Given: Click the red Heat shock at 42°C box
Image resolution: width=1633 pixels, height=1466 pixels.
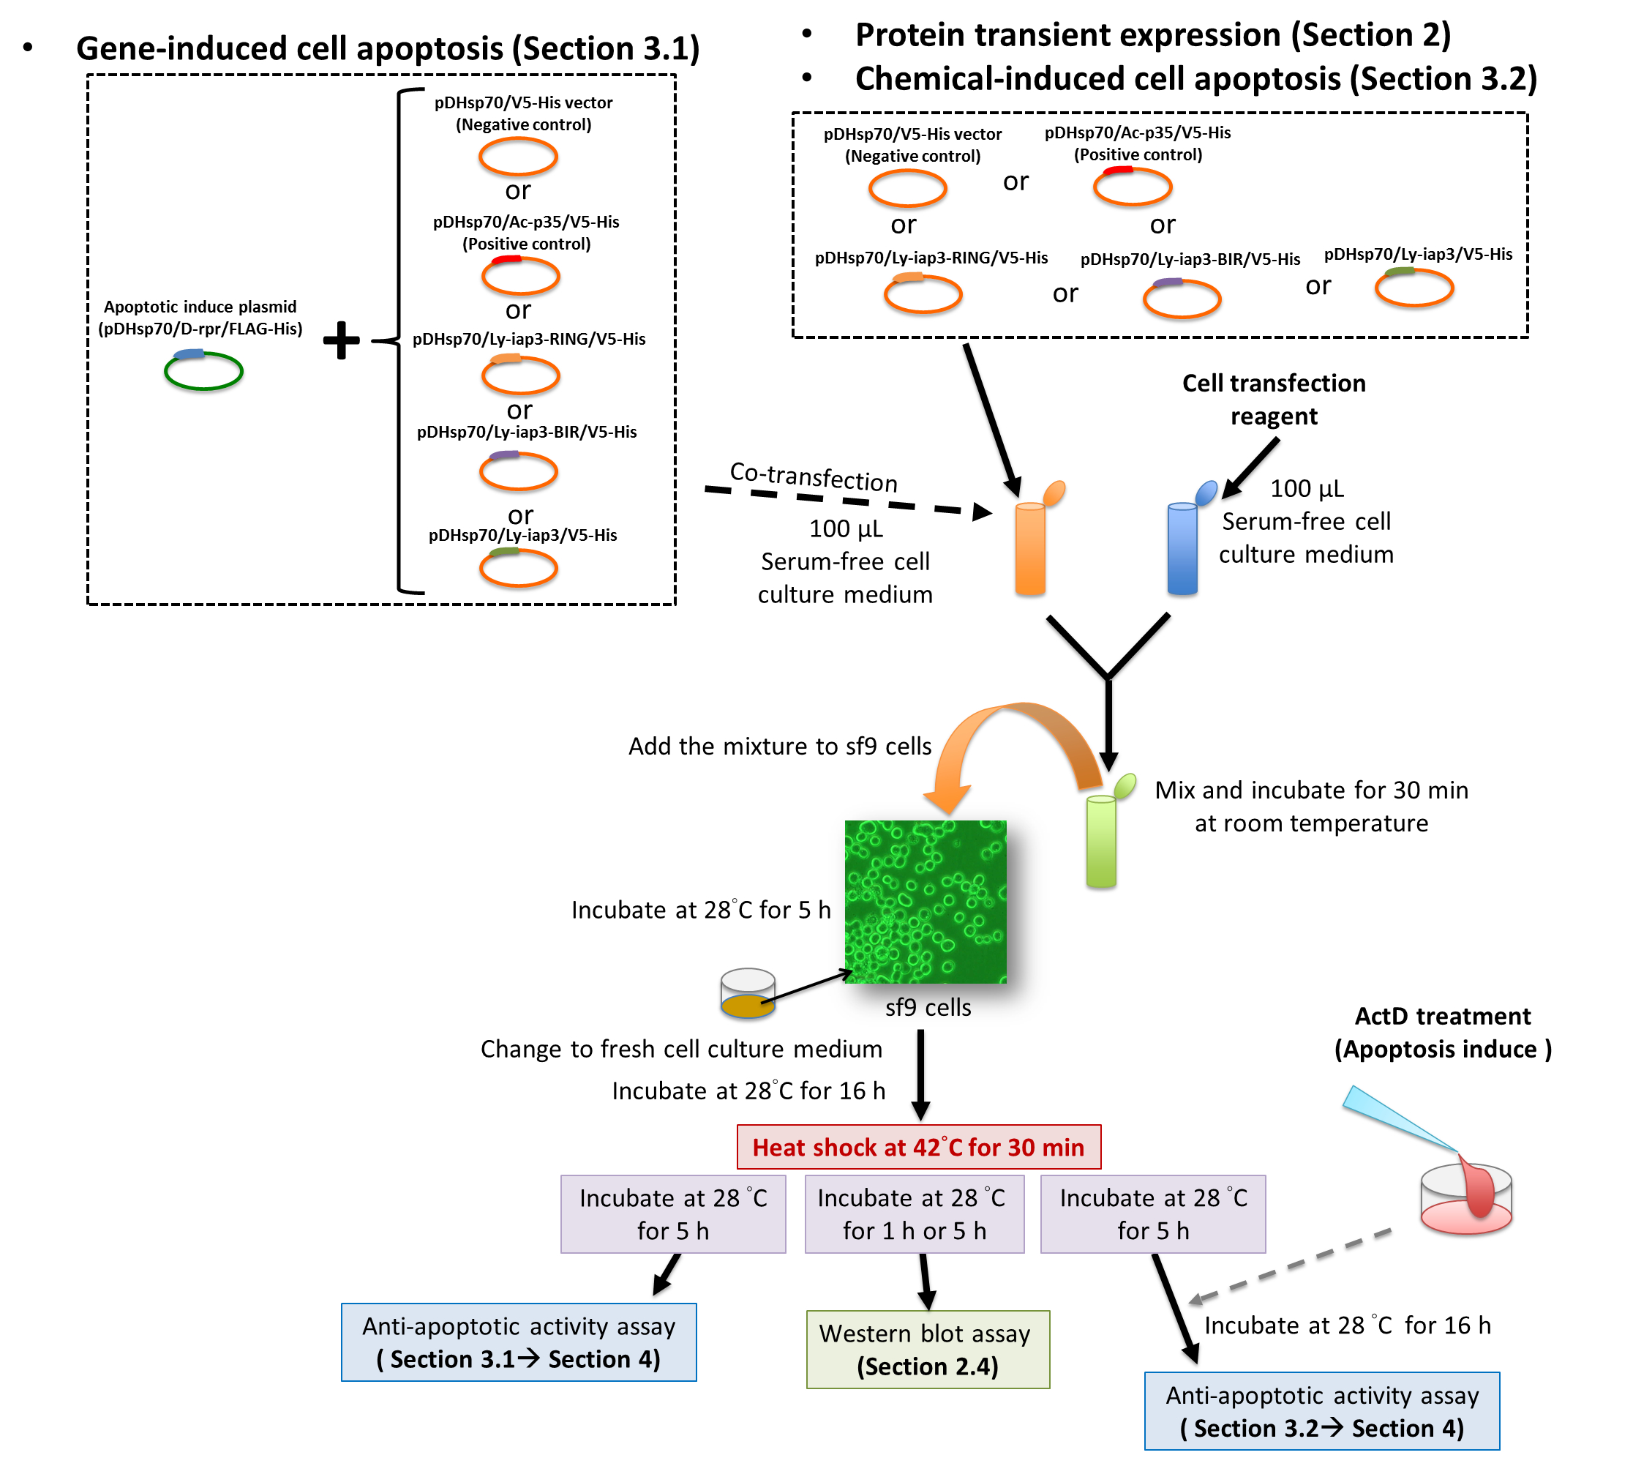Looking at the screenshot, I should (x=918, y=1146).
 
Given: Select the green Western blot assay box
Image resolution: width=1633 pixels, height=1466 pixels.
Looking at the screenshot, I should (x=927, y=1349).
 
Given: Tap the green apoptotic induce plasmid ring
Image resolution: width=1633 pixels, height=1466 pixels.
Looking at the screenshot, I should (x=203, y=371).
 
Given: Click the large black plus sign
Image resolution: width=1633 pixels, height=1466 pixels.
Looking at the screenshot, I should (x=342, y=340).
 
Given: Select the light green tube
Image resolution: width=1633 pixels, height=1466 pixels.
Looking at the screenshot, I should (x=1101, y=842).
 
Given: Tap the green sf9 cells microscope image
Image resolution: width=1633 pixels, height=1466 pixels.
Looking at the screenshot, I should (x=926, y=902).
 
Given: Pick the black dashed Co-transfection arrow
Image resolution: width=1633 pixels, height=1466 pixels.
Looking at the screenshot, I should (x=846, y=499).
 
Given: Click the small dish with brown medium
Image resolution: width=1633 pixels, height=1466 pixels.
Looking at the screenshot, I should (x=747, y=994).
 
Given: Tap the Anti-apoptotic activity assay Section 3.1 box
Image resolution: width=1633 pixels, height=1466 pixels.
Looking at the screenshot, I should (x=518, y=1342).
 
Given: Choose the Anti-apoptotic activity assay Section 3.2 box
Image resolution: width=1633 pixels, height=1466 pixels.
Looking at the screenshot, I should (x=1321, y=1410).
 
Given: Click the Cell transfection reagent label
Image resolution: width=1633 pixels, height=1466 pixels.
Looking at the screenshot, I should (x=1273, y=400).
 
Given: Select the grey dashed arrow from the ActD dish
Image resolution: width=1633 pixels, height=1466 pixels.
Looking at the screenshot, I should (x=1288, y=1266).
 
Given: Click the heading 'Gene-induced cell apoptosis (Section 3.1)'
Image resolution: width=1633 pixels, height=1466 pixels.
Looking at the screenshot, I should (x=387, y=48).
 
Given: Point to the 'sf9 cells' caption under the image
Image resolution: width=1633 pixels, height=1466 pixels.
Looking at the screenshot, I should (x=928, y=1007).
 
